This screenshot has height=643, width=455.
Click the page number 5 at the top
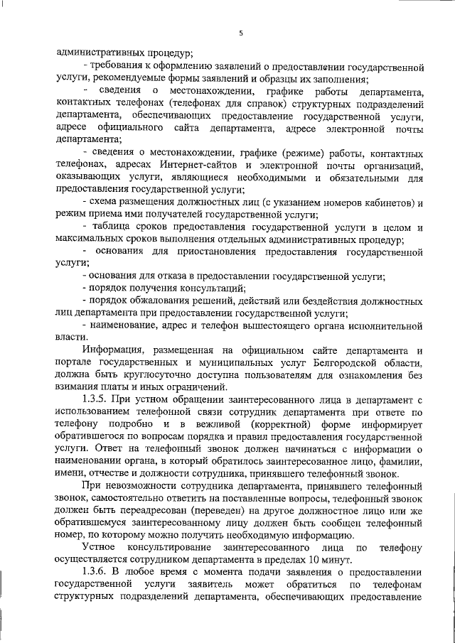(x=241, y=32)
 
